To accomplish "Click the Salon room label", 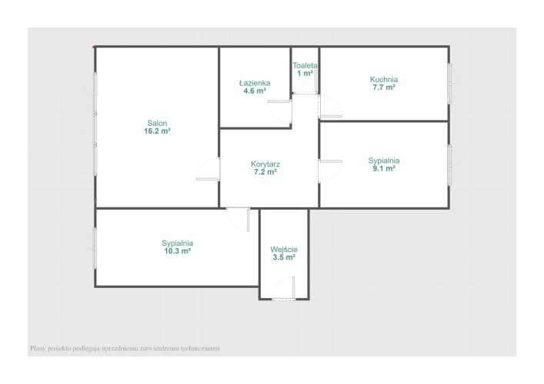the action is (157, 123).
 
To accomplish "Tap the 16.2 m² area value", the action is (157, 131).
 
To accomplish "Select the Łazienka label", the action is (255, 83).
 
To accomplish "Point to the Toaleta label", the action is (305, 65).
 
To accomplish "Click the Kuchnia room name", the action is (384, 79).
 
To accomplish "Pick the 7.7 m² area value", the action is (384, 88).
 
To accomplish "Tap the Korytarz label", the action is (265, 164).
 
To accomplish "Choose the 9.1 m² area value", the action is (384, 169).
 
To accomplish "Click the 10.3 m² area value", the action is (177, 251).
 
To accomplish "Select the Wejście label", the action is (284, 250).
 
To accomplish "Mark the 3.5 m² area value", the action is (284, 257).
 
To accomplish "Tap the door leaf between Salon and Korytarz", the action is (208, 179).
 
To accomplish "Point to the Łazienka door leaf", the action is (279, 101).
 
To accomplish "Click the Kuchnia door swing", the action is (331, 106).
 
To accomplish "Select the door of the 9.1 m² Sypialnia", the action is (331, 161).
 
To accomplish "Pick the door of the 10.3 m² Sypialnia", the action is (248, 220).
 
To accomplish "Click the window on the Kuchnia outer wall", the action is (449, 84).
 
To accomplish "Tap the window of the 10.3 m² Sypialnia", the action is (95, 248).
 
